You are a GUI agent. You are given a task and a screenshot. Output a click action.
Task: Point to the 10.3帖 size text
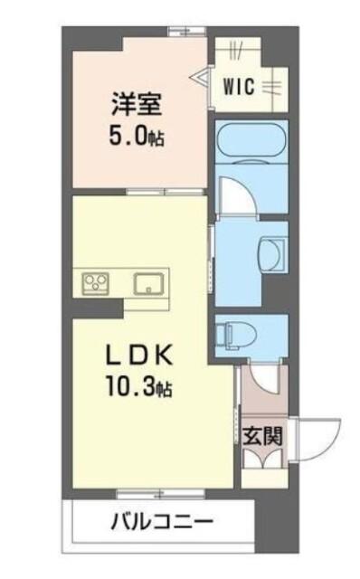[138, 390]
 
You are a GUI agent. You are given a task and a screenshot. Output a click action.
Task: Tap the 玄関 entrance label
[263, 434]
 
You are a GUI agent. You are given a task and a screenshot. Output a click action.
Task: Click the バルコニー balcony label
[163, 522]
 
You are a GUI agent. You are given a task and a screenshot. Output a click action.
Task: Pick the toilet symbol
[233, 336]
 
